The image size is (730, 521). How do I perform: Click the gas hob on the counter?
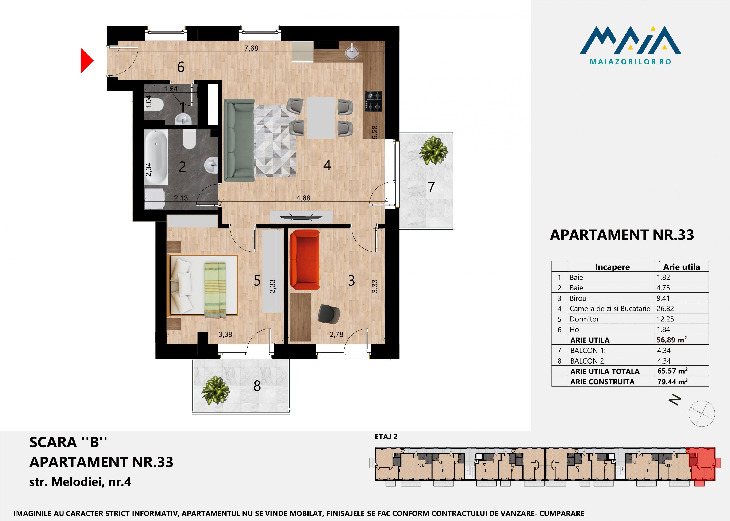click(x=374, y=101)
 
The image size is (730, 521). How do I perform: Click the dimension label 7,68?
click(x=251, y=48)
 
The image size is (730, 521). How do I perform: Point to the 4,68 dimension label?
click(x=303, y=198)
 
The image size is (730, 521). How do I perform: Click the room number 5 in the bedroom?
click(x=257, y=280)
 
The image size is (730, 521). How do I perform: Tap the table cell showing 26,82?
click(x=665, y=309)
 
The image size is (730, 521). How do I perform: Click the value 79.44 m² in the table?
click(x=672, y=382)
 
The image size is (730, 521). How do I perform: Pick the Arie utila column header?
click(x=681, y=267)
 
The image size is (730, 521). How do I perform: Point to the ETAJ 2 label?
click(x=386, y=437)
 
